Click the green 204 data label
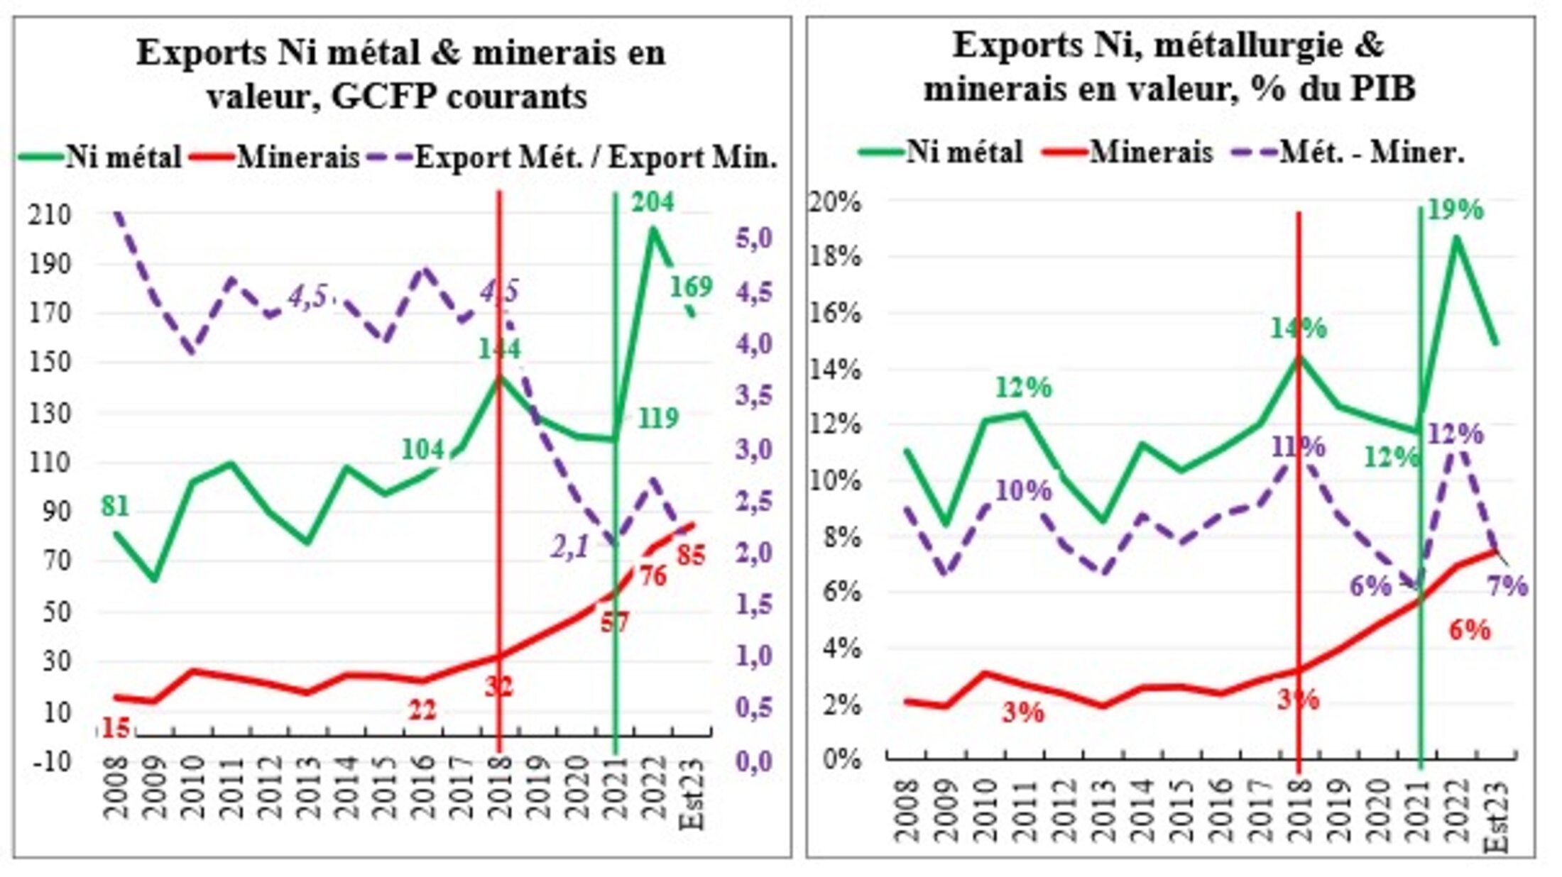tap(652, 203)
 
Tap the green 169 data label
tap(691, 287)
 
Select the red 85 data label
tap(691, 555)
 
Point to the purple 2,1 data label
tap(570, 547)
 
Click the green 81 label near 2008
tap(115, 507)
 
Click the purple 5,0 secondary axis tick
tap(754, 240)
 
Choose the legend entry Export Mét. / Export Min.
tap(596, 158)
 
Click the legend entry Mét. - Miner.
tap(1371, 153)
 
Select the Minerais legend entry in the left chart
tap(298, 158)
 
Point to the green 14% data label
tap(1298, 329)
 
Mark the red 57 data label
tap(614, 623)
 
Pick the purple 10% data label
tap(1023, 490)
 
